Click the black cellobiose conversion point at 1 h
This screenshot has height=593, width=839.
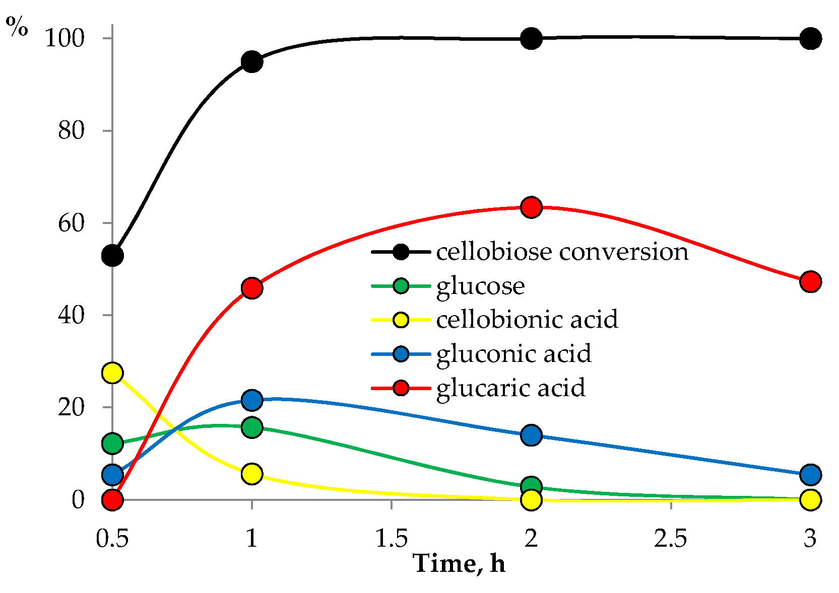[x=251, y=62]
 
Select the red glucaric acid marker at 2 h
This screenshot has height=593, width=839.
[x=531, y=207]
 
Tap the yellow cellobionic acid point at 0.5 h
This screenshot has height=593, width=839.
[x=112, y=373]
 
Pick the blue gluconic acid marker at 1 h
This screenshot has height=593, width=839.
[x=251, y=400]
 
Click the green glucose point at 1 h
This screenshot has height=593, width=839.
[x=251, y=427]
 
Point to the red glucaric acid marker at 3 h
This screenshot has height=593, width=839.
[x=810, y=281]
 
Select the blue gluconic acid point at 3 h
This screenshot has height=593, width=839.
[x=810, y=474]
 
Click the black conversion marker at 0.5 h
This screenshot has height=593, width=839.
[x=112, y=256]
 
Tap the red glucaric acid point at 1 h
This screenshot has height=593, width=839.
[x=251, y=288]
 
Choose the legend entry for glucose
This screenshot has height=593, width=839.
[x=480, y=286]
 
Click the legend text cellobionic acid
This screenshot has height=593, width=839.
[x=527, y=320]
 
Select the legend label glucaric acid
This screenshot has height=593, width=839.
[x=510, y=388]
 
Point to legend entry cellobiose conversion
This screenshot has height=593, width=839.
[x=562, y=252]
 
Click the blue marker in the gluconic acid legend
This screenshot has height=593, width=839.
[x=401, y=354]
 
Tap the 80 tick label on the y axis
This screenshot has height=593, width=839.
[x=71, y=131]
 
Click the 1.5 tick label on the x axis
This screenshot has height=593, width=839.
[x=392, y=539]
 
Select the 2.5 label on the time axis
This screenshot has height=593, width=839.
[x=671, y=539]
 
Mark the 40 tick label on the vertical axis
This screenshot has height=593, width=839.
[x=71, y=315]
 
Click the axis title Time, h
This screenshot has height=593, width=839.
[x=459, y=563]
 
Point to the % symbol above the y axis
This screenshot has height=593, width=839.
[x=17, y=28]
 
